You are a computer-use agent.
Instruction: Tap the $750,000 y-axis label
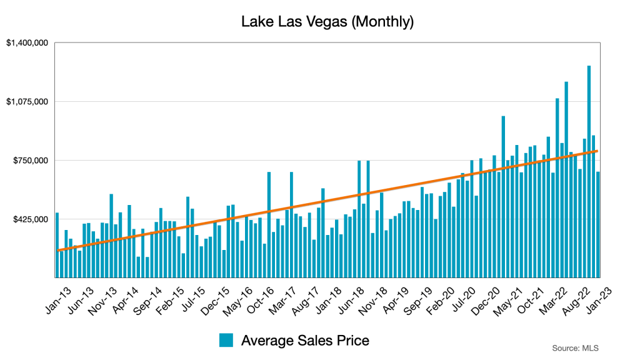pos(31,161)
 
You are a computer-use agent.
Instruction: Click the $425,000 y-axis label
pos(31,219)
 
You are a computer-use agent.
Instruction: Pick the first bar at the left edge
pos(57,244)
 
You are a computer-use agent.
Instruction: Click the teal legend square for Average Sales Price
pos(226,341)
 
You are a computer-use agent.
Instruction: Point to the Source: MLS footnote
pos(574,347)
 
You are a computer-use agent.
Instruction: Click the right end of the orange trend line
pos(597,151)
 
